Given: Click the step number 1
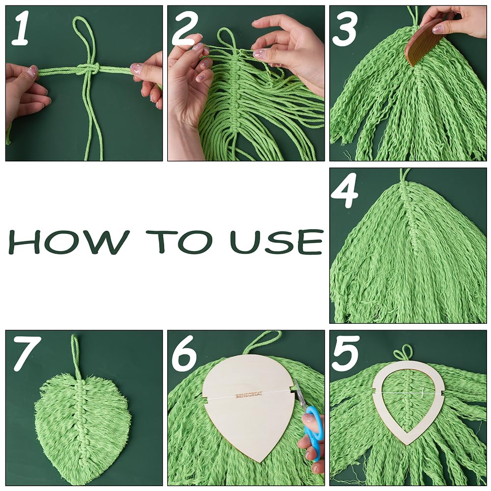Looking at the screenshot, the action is [x=20, y=27].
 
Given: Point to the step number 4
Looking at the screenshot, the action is [x=344, y=191].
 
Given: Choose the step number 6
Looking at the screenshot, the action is [x=185, y=353].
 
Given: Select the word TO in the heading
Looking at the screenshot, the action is [x=177, y=241].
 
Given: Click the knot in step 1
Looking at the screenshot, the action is [x=89, y=68].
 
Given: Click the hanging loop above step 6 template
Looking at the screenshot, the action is [x=262, y=341].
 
